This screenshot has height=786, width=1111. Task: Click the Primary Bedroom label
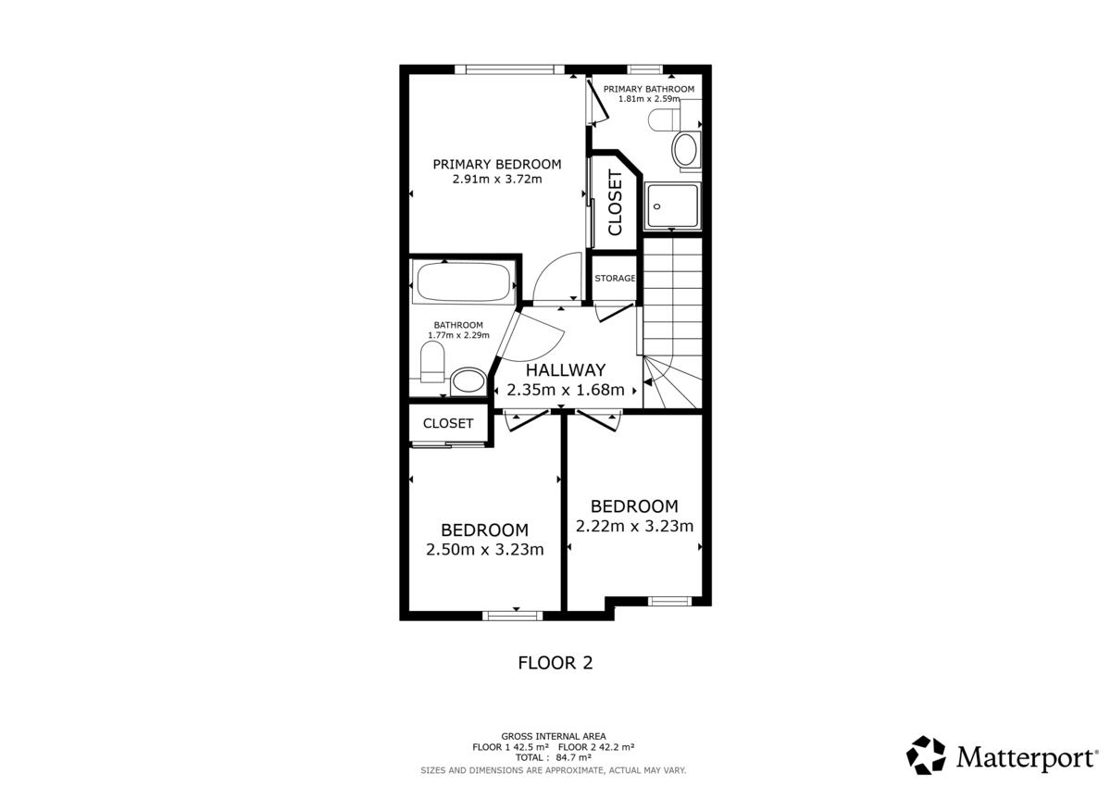pos(497,164)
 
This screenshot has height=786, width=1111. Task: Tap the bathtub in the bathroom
pos(463,282)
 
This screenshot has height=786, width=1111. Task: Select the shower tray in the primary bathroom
pos(672,206)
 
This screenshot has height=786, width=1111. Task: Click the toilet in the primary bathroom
pos(664,119)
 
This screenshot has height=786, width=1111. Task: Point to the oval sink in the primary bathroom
pos(684,150)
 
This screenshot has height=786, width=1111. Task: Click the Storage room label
pos(615,278)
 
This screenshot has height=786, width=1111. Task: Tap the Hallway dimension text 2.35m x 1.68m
pos(566,390)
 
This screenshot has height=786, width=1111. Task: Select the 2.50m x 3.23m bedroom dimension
pos(484,549)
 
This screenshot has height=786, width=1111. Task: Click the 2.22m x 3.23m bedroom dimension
pos(634,526)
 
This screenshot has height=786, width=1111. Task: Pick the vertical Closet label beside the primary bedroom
pos(615,203)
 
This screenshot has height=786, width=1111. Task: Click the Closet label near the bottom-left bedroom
pos(448,423)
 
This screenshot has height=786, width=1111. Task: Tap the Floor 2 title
pos(555,663)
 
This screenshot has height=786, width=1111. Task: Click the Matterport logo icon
pos(926,755)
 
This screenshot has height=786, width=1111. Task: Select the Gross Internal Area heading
pos(554,736)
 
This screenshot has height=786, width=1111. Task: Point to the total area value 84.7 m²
pos(573,757)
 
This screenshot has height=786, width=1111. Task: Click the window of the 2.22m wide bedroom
pos(669,602)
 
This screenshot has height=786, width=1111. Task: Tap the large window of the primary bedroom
pos(510,69)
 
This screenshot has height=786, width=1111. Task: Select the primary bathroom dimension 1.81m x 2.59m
pos(649,99)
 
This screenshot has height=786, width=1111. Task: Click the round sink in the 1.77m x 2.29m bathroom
pos(468,381)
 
